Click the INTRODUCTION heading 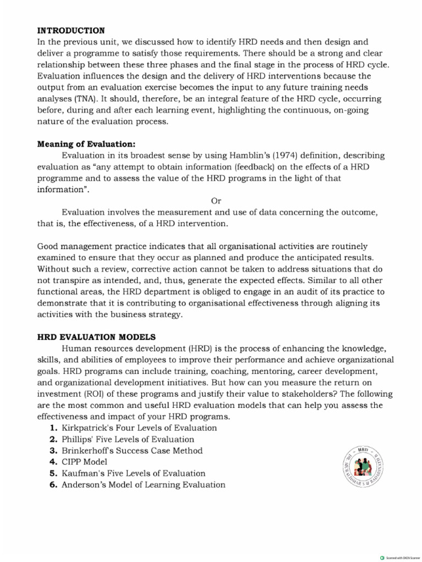click(71, 30)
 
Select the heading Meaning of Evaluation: click(86, 144)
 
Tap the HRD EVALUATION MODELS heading click(96, 336)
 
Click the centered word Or click(216, 201)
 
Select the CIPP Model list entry click(84, 462)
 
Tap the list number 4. click(53, 462)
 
